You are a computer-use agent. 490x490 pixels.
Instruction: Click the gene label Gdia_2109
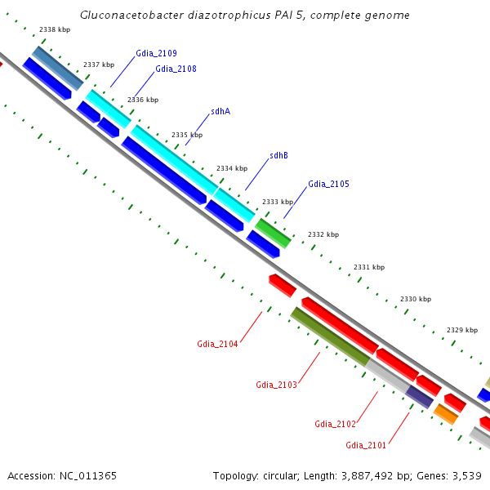coord(156,53)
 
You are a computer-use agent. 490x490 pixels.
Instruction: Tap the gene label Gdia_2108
coord(176,69)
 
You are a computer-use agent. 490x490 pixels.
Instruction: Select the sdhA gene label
coord(220,111)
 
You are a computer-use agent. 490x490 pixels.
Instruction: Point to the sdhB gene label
coord(278,155)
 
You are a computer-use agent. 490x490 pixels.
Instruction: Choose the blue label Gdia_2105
coord(328,185)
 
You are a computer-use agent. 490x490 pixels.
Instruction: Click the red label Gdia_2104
coord(217,344)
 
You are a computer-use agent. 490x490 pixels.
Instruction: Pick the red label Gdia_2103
coord(276,385)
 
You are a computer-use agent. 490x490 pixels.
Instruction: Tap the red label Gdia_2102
coord(335,424)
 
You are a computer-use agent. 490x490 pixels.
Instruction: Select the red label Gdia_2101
coord(366,445)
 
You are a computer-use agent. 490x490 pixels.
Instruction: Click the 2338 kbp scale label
coord(54,29)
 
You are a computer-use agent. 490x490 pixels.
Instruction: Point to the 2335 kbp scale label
coord(187,135)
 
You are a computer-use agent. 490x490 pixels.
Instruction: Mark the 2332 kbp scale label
coord(323,234)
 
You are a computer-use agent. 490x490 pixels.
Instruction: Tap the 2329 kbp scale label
coord(462,330)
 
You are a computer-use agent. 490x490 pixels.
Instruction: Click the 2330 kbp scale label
coord(415,299)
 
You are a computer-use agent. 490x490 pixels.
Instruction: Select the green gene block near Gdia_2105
coord(273,233)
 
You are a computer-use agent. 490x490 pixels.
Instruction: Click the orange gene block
coord(446,413)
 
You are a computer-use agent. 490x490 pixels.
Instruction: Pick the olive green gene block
coord(330,336)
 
